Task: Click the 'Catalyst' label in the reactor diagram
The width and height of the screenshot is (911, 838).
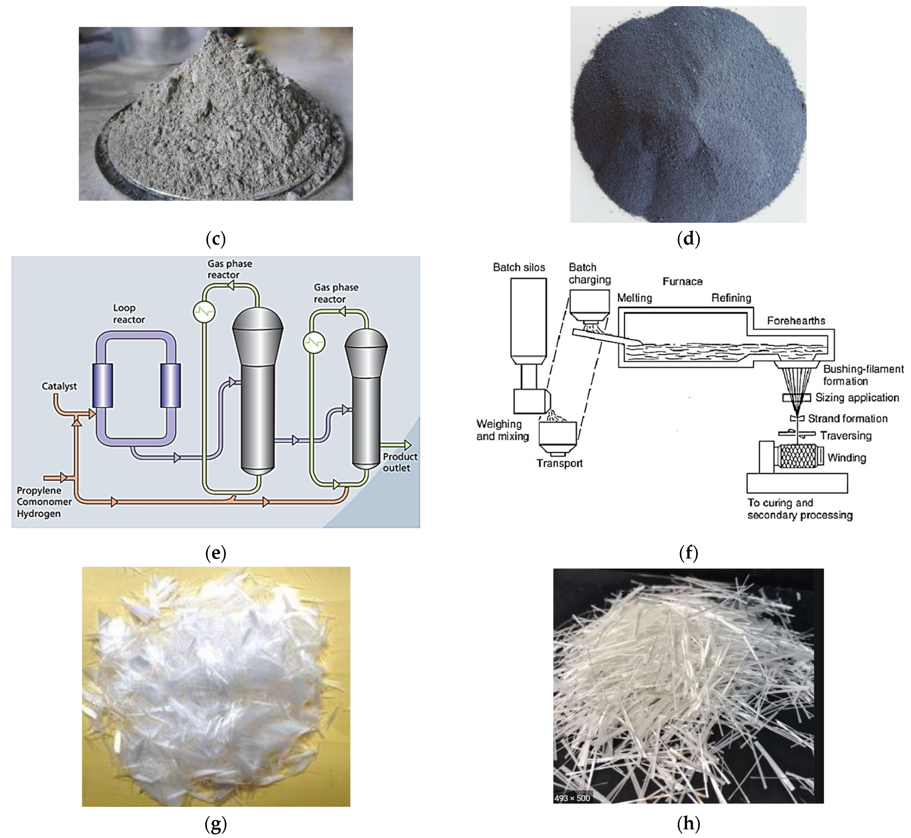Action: tap(60, 386)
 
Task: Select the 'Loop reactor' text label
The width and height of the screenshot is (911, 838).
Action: tap(129, 314)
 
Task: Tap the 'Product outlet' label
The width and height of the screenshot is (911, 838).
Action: tap(400, 462)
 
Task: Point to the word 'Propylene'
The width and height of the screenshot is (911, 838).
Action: tap(39, 490)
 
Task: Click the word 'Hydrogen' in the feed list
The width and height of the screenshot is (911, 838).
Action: tap(39, 514)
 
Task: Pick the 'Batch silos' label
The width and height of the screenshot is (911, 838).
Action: tap(519, 268)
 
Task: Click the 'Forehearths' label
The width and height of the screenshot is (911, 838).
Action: tap(796, 321)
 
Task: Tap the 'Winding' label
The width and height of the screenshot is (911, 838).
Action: tap(847, 458)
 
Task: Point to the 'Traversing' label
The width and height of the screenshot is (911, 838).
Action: tap(846, 436)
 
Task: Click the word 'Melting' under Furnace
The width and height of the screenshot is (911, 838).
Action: tap(634, 298)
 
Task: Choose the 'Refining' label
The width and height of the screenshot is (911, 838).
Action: tap(731, 298)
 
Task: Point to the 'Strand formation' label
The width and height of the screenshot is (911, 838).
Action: tap(847, 419)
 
